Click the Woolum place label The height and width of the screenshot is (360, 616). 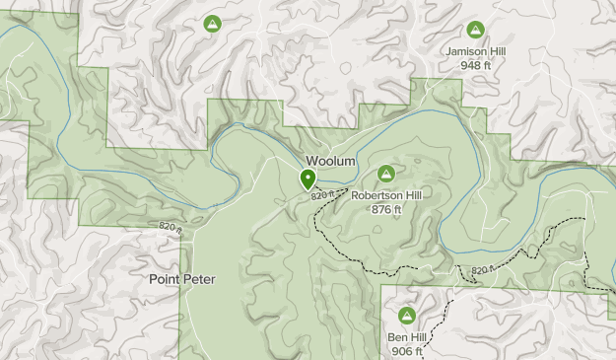[x=329, y=161]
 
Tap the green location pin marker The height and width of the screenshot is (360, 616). [x=308, y=180]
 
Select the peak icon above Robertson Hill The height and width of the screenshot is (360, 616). [x=386, y=174]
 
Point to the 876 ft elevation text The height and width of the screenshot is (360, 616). [x=386, y=209]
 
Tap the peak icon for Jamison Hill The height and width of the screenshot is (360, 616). [x=476, y=30]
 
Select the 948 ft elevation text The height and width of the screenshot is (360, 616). [x=476, y=65]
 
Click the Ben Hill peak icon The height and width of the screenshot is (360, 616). [x=406, y=316]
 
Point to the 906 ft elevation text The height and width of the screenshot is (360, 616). [x=406, y=351]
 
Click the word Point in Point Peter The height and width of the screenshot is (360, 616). [x=165, y=279]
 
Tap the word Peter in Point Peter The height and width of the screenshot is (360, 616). [x=198, y=279]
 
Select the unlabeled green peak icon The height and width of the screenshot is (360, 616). [x=211, y=23]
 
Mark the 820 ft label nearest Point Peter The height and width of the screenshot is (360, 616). [x=171, y=228]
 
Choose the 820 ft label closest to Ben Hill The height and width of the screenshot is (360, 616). [x=483, y=269]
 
